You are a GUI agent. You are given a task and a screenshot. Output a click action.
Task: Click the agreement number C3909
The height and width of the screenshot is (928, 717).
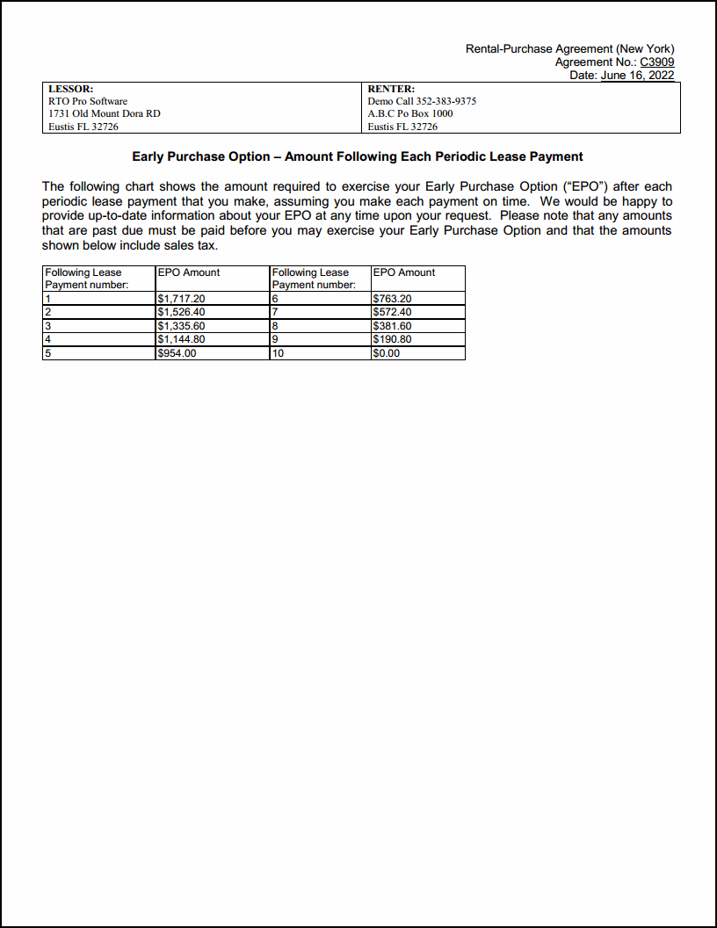[x=657, y=62]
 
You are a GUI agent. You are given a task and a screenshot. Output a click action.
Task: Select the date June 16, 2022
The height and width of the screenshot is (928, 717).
[x=637, y=76]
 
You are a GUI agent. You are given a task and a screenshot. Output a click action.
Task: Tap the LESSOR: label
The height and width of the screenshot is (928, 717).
[x=71, y=89]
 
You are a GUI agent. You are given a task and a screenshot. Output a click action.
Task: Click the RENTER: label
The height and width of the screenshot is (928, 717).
[x=391, y=89]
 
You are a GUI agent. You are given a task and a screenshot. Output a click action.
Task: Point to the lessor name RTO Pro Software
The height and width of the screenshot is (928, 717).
[x=88, y=101]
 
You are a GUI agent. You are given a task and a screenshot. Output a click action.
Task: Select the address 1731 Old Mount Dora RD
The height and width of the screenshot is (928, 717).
[x=105, y=113]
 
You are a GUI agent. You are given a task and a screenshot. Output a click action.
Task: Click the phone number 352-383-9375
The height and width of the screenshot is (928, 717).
[x=446, y=101]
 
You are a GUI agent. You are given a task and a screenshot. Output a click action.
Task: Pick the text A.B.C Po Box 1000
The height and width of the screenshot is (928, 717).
[x=410, y=113]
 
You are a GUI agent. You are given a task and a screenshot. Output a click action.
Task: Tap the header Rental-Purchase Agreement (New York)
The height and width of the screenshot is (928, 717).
[x=569, y=49]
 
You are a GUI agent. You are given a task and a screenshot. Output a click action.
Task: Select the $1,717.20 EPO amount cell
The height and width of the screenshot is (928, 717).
[x=181, y=299]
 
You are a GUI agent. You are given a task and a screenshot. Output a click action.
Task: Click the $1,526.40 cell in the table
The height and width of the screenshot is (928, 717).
[x=181, y=312]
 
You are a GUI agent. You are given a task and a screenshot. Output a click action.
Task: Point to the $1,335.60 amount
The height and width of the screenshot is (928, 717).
[x=181, y=326]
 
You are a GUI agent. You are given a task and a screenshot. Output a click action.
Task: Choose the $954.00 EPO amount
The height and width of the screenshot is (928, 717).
[x=177, y=353]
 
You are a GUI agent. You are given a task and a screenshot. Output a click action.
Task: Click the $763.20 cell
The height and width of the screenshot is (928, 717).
[x=392, y=299]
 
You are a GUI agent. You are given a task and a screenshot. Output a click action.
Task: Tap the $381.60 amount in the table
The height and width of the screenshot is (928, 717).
[x=392, y=326]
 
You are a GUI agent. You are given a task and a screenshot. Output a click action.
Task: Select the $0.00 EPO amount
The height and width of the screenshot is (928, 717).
[x=387, y=353]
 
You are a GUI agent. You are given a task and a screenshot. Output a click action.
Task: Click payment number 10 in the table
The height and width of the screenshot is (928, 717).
[x=279, y=353]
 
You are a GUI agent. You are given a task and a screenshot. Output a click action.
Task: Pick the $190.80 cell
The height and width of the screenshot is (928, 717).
[x=392, y=339]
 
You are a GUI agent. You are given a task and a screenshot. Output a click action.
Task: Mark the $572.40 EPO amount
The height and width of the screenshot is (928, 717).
[x=392, y=312]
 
